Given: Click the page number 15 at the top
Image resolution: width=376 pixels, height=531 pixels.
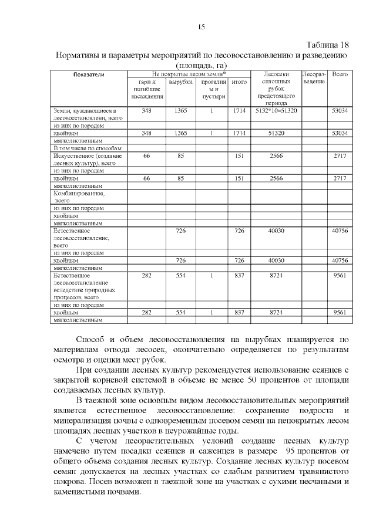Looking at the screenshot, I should tap(201, 27).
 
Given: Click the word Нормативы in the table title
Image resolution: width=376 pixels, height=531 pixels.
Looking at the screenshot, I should tap(80, 55).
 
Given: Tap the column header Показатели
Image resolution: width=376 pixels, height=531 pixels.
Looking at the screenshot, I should tap(89, 75).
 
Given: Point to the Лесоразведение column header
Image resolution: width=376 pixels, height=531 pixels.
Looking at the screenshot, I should tap(313, 79).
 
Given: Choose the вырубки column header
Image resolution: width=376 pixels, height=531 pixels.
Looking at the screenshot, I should tap(180, 83).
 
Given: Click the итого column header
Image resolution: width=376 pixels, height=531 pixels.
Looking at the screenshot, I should tap(239, 83).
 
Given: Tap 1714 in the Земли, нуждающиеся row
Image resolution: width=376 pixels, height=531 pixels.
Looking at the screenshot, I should tap(239, 111).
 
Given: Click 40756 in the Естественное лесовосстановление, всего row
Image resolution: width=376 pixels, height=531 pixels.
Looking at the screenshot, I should tap(340, 231).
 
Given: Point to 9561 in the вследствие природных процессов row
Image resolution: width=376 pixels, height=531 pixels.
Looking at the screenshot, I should tap(340, 275).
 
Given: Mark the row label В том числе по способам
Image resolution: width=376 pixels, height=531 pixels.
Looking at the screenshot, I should tap(87, 148).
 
